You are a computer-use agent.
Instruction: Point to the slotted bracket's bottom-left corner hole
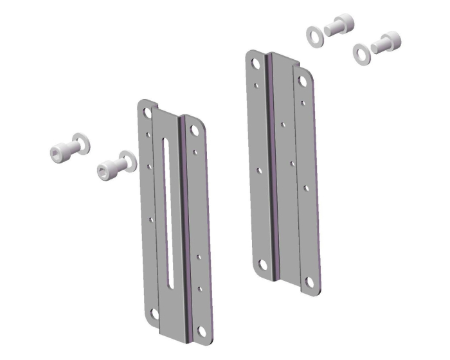tap(154, 313)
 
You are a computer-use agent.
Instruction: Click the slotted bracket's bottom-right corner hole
tap(201, 330)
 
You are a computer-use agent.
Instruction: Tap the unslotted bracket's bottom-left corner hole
tap(264, 264)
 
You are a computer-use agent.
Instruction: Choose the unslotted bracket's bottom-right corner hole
tap(310, 281)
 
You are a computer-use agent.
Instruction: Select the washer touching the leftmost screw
tap(81, 143)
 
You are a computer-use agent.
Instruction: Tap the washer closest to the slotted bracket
tap(126, 160)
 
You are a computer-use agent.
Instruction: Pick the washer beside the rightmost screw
tap(362, 52)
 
